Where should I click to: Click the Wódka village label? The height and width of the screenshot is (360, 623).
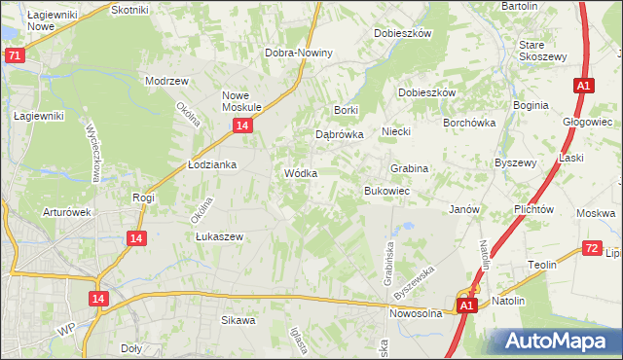click(300, 173)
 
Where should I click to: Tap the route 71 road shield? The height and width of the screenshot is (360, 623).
click(14, 56)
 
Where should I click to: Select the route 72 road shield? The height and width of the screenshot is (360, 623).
click(592, 249)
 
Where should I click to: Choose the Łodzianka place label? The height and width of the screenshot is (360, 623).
click(212, 165)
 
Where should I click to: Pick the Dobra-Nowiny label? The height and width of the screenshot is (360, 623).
click(299, 53)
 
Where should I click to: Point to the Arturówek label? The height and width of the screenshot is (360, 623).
click(66, 211)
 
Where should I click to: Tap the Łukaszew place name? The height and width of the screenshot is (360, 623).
click(218, 236)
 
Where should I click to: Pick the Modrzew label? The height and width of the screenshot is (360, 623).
click(165, 81)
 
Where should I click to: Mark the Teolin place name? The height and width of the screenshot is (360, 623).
click(542, 265)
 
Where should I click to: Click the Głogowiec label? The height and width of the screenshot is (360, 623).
click(587, 123)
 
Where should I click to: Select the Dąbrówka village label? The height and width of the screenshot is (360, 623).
click(339, 135)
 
